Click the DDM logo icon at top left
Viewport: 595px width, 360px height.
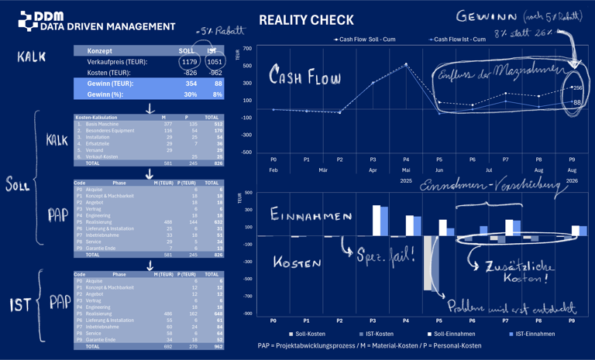click(x=28, y=21)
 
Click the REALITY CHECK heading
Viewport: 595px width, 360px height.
click(x=306, y=21)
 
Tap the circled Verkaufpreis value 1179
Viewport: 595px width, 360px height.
click(x=188, y=62)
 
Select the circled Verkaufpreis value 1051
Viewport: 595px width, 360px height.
click(x=215, y=62)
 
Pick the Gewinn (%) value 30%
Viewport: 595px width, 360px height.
click(x=190, y=94)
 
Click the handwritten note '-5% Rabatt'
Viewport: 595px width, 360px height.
click(x=220, y=31)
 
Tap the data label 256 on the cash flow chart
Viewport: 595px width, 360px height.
click(x=577, y=88)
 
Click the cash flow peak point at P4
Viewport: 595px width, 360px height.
click(x=406, y=65)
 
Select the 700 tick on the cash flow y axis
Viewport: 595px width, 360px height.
click(x=247, y=49)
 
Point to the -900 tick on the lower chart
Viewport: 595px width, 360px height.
click(x=246, y=314)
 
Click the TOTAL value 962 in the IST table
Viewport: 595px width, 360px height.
click(x=215, y=346)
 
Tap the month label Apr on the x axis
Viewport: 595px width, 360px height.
click(x=373, y=170)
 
